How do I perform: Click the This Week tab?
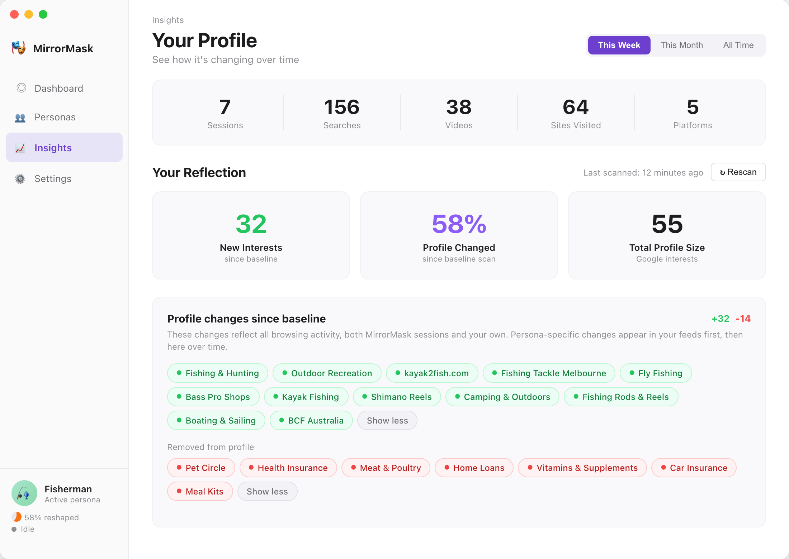(619, 45)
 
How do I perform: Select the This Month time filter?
(681, 45)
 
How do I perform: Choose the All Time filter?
(738, 45)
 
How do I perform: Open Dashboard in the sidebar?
(58, 88)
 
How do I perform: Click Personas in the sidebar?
(55, 117)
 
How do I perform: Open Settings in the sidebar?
(53, 178)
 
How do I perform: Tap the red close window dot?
(14, 14)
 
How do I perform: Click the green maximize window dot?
(43, 14)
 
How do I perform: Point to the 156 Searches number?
(342, 107)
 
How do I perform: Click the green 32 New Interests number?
(251, 224)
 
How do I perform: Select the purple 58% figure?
(459, 224)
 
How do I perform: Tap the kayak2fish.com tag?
(432, 373)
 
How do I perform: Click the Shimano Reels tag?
(397, 397)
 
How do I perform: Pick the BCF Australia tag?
(311, 420)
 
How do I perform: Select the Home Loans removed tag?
(474, 468)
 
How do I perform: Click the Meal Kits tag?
(200, 491)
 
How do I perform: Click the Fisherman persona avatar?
(24, 493)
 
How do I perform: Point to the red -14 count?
(743, 319)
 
